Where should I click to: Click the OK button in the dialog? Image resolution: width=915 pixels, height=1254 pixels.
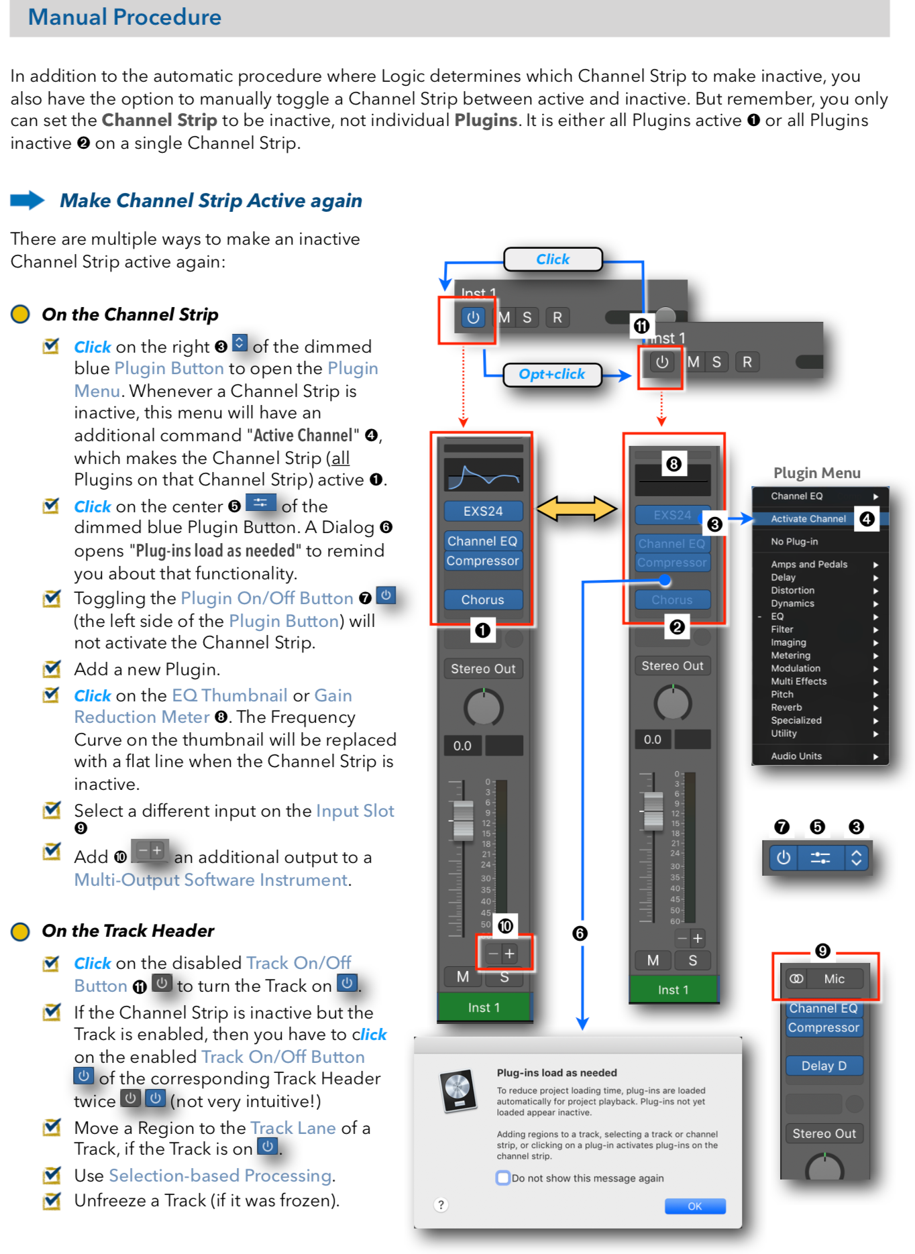pyautogui.click(x=694, y=1206)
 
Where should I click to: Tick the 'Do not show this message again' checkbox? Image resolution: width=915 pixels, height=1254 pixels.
pyautogui.click(x=502, y=1178)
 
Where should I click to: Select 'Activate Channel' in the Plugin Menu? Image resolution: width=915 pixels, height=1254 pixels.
pyautogui.click(x=808, y=519)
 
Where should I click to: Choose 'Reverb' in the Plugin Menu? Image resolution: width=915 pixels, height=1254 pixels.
pyautogui.click(x=786, y=707)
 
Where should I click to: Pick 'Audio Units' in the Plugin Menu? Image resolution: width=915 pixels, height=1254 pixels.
pyautogui.click(x=796, y=756)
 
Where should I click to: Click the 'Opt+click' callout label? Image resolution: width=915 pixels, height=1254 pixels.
pyautogui.click(x=551, y=374)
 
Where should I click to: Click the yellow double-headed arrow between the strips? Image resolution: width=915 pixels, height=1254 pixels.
pyautogui.click(x=576, y=508)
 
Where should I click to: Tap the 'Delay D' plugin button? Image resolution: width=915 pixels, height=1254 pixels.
pyautogui.click(x=824, y=1066)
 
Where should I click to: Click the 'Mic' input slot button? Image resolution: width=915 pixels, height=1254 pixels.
pyautogui.click(x=834, y=979)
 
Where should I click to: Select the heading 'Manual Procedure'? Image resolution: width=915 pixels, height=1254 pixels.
pyautogui.click(x=125, y=17)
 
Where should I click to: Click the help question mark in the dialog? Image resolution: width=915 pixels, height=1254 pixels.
pyautogui.click(x=441, y=1205)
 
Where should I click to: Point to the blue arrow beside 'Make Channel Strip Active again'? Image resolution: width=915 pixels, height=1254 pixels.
pyautogui.click(x=28, y=201)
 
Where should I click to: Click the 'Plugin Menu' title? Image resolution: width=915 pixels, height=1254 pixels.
pyautogui.click(x=816, y=473)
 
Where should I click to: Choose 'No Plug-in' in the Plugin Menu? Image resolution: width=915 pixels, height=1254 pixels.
pyautogui.click(x=794, y=542)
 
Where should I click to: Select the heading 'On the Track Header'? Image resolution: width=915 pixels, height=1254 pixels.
pyautogui.click(x=128, y=931)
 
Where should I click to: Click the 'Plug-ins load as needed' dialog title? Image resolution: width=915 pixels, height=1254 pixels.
pyautogui.click(x=557, y=1073)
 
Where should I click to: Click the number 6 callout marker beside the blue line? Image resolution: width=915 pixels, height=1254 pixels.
pyautogui.click(x=580, y=933)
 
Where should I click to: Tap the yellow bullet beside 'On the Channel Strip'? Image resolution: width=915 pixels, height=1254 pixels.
pyautogui.click(x=20, y=314)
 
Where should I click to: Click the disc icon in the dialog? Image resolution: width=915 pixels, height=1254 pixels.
pyautogui.click(x=457, y=1090)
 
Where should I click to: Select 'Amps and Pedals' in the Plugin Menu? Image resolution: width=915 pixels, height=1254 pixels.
pyautogui.click(x=809, y=565)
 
